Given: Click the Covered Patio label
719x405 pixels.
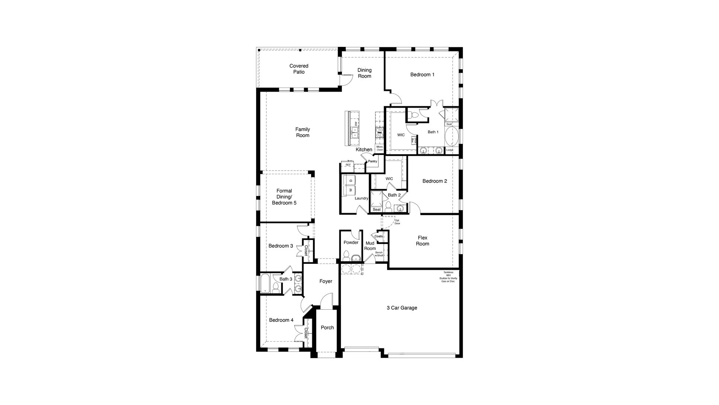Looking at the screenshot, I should click(299, 69).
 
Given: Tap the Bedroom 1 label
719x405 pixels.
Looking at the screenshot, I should click(422, 75).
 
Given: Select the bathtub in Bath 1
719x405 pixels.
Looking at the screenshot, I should click(452, 137).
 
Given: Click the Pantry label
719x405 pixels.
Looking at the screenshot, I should click(372, 161).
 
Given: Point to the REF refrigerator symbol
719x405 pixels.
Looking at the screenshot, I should click(348, 165).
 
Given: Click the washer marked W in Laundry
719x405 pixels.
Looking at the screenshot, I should click(350, 190).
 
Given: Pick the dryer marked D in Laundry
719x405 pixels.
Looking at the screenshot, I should click(350, 180).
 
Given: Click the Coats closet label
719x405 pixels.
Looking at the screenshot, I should click(378, 236).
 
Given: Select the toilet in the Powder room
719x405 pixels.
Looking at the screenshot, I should click(346, 256).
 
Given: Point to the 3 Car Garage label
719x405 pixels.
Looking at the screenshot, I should click(402, 308).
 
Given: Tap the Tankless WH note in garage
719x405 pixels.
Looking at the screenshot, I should click(448, 276).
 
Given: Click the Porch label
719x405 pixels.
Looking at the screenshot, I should click(327, 328).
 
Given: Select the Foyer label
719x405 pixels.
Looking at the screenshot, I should click(326, 281).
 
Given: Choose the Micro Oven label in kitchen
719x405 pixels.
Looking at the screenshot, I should click(379, 148).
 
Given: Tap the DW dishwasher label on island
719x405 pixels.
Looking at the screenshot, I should click(356, 124).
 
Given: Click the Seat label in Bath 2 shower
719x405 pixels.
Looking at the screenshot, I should click(376, 209).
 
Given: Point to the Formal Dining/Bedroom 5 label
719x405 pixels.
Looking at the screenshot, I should click(284, 197).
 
